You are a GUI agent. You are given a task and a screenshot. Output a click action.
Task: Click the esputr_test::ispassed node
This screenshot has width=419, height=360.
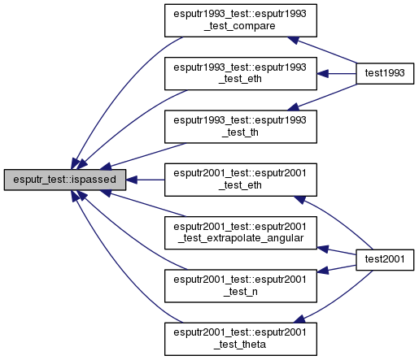point(65,180)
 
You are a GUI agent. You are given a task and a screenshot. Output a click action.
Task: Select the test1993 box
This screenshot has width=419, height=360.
point(385,73)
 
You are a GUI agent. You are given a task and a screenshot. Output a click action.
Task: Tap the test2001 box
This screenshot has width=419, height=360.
point(385,260)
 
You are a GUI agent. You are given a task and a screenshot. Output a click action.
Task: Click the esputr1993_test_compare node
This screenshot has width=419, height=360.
point(241,20)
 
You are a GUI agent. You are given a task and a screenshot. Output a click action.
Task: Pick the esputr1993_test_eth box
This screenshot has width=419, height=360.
point(241,73)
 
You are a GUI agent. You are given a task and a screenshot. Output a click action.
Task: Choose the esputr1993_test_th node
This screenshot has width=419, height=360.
point(241,127)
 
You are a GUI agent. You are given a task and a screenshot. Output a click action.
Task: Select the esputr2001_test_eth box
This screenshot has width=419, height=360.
point(241,180)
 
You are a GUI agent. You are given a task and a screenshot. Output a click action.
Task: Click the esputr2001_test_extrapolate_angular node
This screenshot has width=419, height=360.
point(241,232)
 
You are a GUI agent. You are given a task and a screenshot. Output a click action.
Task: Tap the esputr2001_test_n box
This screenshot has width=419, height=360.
point(241,286)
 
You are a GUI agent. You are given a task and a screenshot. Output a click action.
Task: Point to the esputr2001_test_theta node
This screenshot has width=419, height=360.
point(241,339)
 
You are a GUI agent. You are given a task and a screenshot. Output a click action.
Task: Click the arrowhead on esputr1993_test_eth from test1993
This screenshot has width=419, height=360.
point(323,73)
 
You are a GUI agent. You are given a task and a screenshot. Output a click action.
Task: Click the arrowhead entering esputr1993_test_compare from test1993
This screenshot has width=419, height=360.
point(294,40)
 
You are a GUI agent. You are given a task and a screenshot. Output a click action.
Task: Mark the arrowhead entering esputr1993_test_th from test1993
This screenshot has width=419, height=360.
point(294,107)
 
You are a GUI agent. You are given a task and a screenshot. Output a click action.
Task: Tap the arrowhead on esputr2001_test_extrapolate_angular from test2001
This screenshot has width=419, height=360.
point(323,249)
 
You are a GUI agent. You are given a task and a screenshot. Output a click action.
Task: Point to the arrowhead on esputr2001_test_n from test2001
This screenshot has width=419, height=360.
point(323,271)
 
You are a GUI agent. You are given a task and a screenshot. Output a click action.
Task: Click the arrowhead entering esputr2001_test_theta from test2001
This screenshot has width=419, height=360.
point(299,319)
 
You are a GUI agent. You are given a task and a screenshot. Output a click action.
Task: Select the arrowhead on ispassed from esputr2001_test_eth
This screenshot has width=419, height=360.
point(132,180)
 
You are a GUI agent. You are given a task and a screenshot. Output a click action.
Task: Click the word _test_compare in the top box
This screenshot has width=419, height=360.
point(240,26)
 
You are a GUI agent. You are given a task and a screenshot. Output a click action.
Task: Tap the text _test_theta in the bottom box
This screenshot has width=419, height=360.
point(240,345)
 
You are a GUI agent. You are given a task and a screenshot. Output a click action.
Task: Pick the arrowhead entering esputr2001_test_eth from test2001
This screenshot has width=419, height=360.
point(299,200)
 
